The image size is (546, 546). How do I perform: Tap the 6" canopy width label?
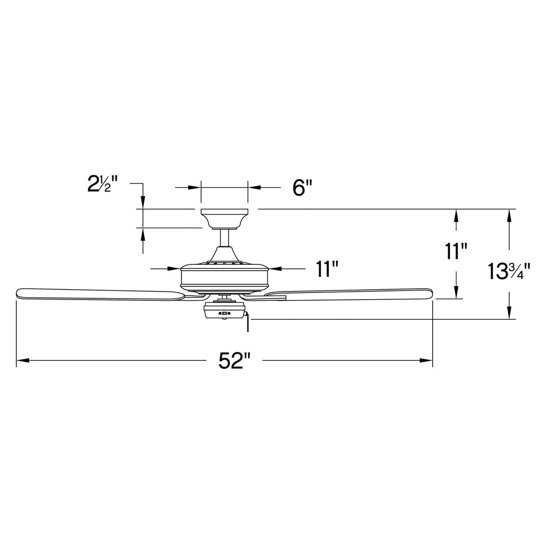point(302,188)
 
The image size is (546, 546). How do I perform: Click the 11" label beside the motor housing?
point(327,269)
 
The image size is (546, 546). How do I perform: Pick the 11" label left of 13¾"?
point(456,251)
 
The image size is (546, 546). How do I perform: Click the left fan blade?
point(99,294)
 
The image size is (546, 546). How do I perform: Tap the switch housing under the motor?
point(224,311)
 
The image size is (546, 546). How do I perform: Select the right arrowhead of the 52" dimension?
point(426,360)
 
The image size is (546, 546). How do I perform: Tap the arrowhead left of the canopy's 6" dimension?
point(195,188)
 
